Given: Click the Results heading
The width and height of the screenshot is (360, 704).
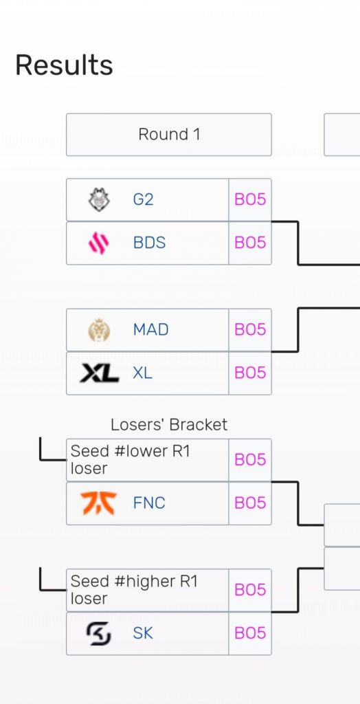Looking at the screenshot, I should (64, 65).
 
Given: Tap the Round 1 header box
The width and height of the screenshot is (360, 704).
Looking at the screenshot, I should (169, 134).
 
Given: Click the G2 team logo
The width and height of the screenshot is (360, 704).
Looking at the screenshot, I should (99, 200).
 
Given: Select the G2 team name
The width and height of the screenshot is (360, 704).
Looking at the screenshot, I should (144, 200).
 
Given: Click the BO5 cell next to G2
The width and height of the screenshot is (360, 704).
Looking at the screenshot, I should (250, 200).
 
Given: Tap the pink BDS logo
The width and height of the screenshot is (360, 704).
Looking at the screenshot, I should (99, 243).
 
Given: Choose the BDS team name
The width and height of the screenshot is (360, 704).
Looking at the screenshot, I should (149, 243).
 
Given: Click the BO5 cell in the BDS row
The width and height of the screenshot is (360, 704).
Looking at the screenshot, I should (250, 243).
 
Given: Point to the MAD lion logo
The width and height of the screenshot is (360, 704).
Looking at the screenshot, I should (99, 330).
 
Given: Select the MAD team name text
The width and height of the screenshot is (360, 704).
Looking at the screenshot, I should (150, 330).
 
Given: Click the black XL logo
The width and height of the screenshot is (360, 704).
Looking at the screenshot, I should (99, 373).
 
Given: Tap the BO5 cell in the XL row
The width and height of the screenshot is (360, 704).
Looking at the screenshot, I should (250, 373).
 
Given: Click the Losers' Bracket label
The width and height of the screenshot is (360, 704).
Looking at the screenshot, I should (169, 425).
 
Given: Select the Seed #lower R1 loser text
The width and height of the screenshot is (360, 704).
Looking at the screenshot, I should (131, 460).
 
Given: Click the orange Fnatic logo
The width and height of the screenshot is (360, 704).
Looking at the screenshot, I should (99, 503).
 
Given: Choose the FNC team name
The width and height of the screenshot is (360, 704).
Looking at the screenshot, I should (149, 503).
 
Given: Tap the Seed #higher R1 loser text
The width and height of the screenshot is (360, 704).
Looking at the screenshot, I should (134, 590).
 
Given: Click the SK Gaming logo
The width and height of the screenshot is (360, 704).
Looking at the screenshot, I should (99, 633).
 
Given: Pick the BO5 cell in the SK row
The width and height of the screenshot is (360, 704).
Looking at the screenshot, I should (250, 633).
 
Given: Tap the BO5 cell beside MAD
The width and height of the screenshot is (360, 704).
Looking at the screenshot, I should (250, 330).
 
